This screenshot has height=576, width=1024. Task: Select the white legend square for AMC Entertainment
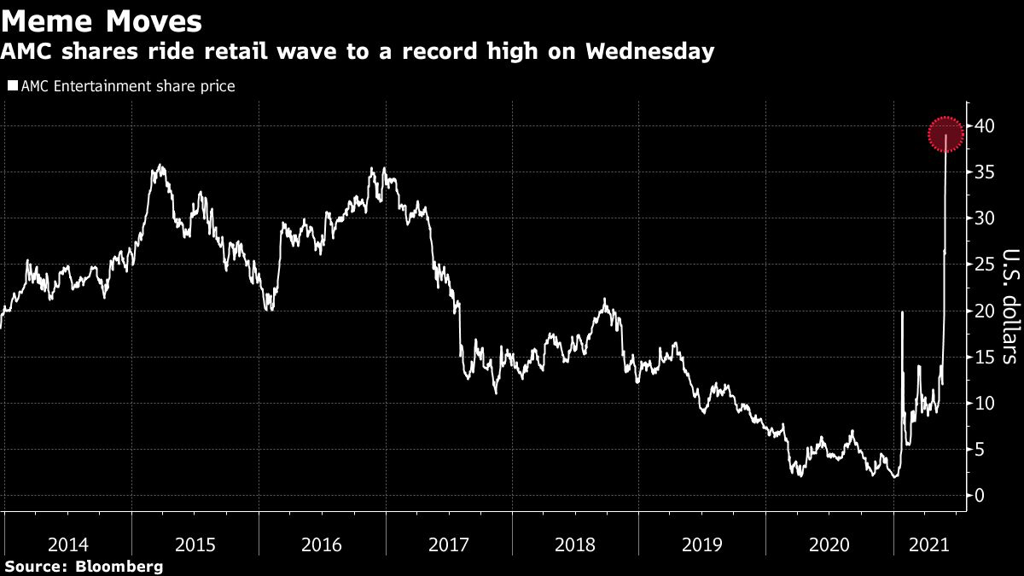[12, 86]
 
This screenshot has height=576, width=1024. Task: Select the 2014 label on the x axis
[67, 544]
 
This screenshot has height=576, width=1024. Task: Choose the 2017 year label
[448, 544]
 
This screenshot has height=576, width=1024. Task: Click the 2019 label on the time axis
[701, 544]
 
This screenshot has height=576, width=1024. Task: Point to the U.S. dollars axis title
[1009, 305]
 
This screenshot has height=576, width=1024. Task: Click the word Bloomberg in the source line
[120, 567]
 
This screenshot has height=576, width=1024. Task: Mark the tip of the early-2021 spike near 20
[903, 313]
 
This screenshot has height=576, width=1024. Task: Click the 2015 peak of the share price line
[160, 166]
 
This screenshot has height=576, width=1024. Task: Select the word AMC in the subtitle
[26, 52]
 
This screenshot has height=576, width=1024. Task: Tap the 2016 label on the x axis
[321, 544]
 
